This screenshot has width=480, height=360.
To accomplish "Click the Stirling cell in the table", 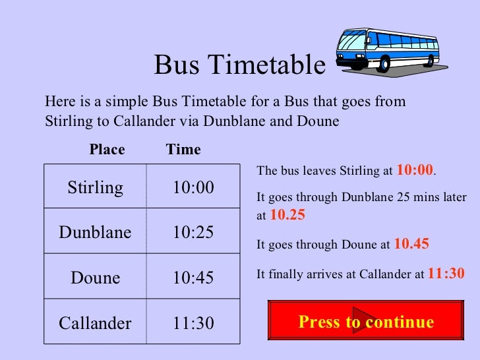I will pyautogui.click(x=95, y=188).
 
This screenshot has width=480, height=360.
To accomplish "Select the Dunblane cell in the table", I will pyautogui.click(x=95, y=232).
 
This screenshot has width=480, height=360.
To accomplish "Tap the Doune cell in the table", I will pyautogui.click(x=95, y=278).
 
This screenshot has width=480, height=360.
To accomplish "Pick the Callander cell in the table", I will pyautogui.click(x=95, y=323).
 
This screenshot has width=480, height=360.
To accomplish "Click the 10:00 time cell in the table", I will pyautogui.click(x=193, y=188).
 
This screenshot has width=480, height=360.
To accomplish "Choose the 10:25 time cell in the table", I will pyautogui.click(x=193, y=232).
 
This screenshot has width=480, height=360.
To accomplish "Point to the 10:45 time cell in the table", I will pyautogui.click(x=193, y=278).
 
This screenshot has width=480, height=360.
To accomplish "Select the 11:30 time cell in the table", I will pyautogui.click(x=193, y=323).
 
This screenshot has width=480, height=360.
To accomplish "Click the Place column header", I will pyautogui.click(x=107, y=150).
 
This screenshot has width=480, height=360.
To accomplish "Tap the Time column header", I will pyautogui.click(x=183, y=150).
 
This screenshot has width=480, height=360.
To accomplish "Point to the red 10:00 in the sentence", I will pyautogui.click(x=415, y=170).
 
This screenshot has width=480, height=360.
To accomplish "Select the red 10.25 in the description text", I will pyautogui.click(x=287, y=215).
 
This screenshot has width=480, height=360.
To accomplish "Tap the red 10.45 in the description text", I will pyautogui.click(x=411, y=244).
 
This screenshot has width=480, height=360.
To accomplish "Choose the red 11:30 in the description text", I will pyautogui.click(x=446, y=273).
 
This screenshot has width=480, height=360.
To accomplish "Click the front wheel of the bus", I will pyautogui.click(x=384, y=64).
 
